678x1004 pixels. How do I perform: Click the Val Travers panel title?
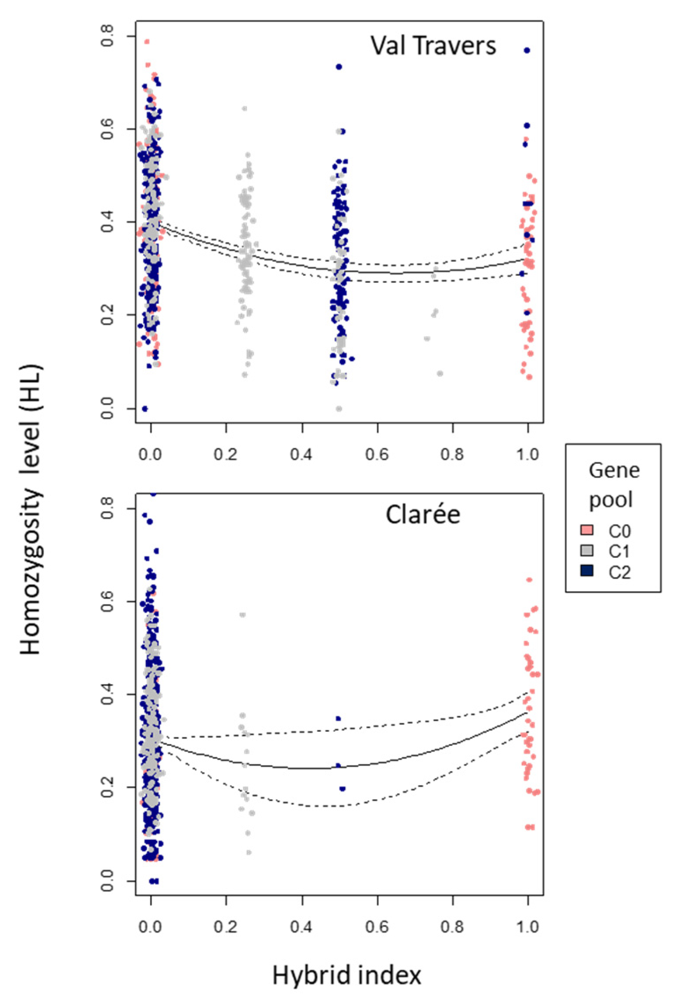point(433,45)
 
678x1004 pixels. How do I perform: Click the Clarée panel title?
point(422,515)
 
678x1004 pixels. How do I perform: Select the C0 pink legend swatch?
point(587,531)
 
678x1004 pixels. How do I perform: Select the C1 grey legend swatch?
point(587,550)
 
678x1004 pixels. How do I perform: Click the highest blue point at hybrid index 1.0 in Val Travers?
point(527,51)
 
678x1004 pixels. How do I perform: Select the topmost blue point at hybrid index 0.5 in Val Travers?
point(339,67)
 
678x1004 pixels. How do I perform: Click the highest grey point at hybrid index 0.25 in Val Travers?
point(245,108)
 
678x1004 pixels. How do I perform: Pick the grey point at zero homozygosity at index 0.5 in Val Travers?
point(339,408)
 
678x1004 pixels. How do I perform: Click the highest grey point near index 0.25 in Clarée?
point(242,614)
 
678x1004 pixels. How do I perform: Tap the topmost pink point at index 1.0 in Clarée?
point(529,580)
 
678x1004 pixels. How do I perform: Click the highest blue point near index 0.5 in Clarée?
point(338,719)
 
